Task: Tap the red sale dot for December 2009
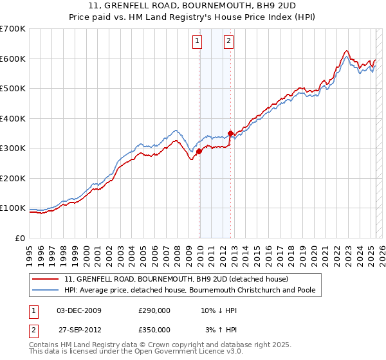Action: (x=199, y=152)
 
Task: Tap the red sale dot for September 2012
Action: (x=230, y=134)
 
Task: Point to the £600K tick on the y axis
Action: (x=13, y=59)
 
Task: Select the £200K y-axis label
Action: (x=13, y=178)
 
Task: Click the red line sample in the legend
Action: (x=46, y=279)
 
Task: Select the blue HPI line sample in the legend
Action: (x=46, y=290)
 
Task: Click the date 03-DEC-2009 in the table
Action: (x=79, y=310)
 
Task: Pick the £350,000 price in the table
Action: (x=154, y=329)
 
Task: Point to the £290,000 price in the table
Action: (x=154, y=310)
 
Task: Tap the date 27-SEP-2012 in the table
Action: (x=79, y=329)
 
